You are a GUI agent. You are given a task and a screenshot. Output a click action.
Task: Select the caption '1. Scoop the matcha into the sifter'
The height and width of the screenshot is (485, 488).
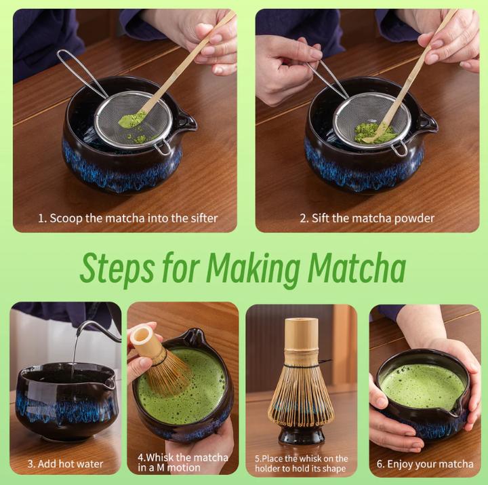(127, 218)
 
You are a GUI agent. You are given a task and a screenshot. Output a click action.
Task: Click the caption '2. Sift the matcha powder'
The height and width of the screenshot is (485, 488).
(367, 218)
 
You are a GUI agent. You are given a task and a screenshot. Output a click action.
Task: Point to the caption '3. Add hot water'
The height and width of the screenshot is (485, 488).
(65, 464)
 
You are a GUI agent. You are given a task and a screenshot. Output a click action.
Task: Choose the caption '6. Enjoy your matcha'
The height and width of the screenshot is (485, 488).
(425, 464)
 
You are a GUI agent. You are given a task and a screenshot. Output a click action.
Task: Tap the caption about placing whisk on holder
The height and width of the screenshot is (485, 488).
(302, 463)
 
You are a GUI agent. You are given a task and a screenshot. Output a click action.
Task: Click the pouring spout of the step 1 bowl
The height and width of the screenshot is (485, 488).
(186, 122)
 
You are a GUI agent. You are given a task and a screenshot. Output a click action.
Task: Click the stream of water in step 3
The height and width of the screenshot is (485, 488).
(74, 353)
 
